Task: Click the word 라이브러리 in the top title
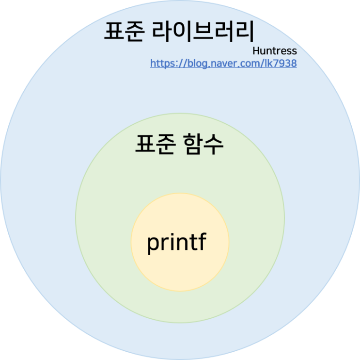coord(203,31)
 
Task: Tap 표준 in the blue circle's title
coord(124,31)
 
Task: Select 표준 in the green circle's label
coord(156,144)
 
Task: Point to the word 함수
coord(203,144)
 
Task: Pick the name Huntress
coord(275,51)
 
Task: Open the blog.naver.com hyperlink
coord(223,63)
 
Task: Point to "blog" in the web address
coord(198,64)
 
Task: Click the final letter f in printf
coord(202,241)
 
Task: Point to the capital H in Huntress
coord(256,51)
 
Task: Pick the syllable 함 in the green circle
coord(193,144)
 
